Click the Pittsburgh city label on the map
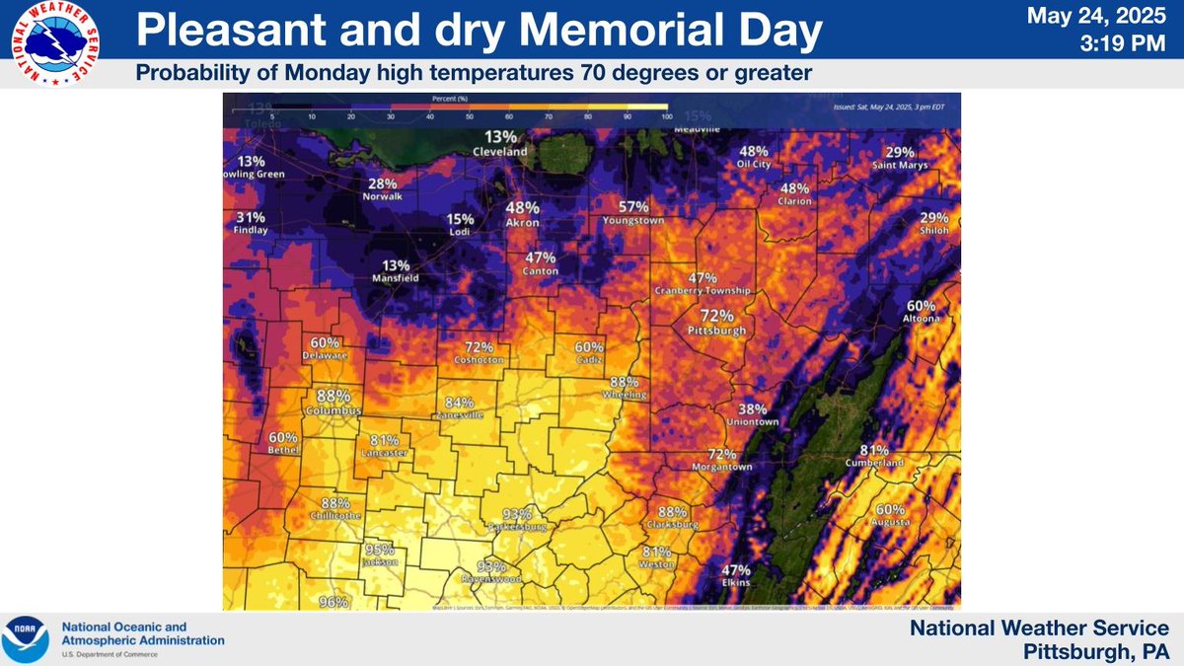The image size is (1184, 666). (717, 332)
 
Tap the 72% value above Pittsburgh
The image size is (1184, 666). (717, 316)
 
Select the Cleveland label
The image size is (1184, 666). (500, 152)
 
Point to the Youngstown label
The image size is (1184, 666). (633, 221)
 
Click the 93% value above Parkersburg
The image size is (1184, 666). (517, 513)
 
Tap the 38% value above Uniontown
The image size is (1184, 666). (753, 408)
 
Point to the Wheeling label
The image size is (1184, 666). (625, 395)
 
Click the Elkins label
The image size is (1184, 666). (736, 584)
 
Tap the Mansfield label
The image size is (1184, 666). (396, 279)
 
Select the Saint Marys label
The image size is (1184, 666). (899, 166)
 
